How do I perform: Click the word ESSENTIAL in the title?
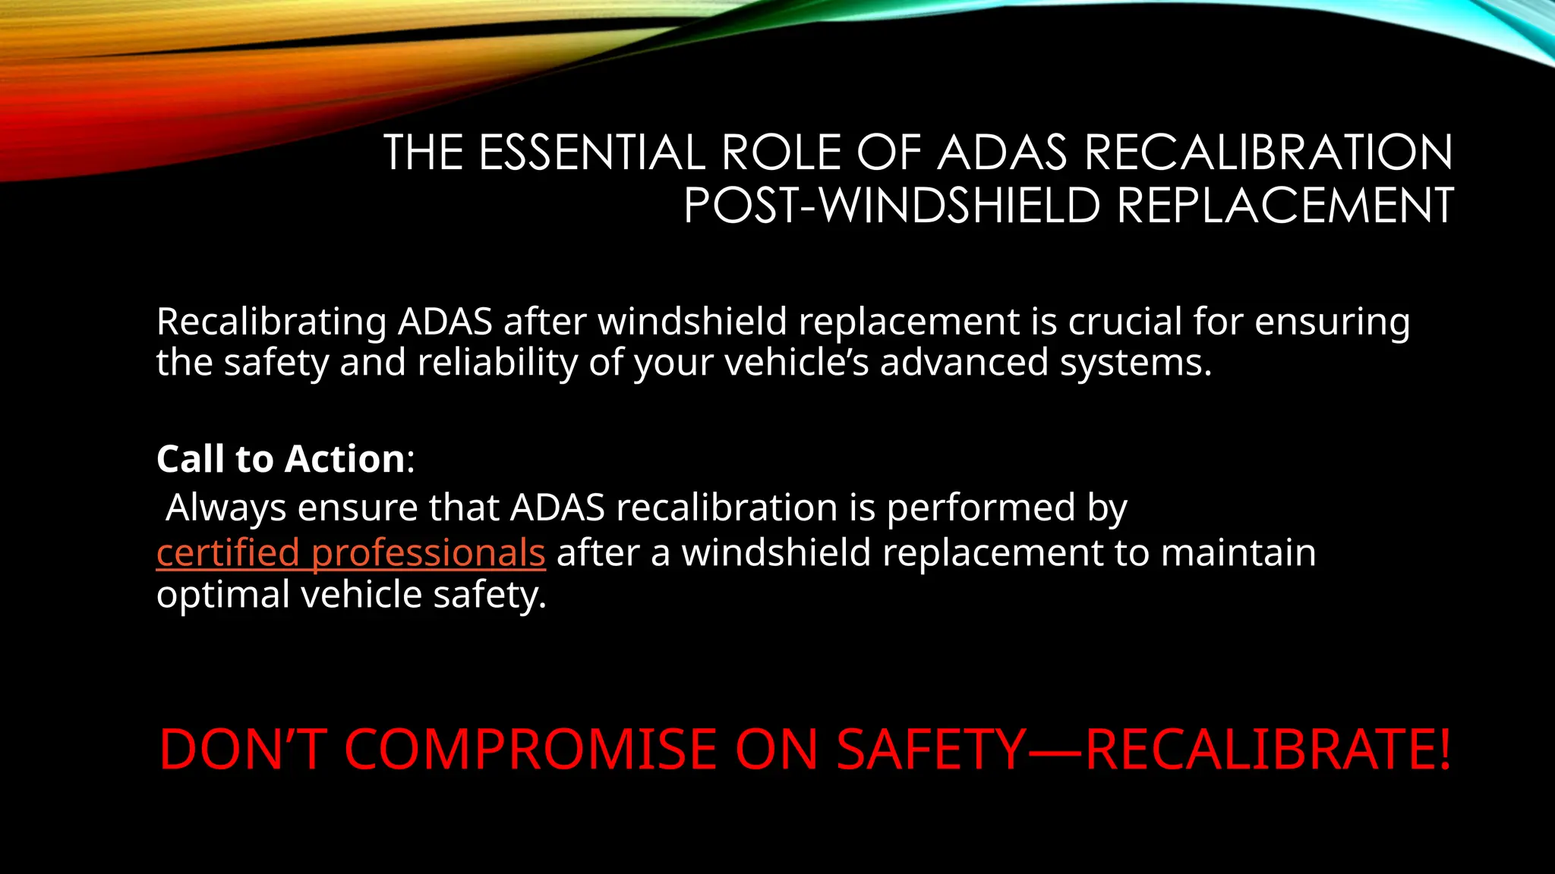tap(592, 152)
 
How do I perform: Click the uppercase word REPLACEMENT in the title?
tap(1285, 206)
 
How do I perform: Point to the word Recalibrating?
tap(272, 322)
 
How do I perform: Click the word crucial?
tap(1124, 321)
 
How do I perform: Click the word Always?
tap(226, 508)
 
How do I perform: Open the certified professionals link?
tap(351, 553)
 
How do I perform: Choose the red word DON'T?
tap(243, 750)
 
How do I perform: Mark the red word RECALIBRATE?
tap(1268, 750)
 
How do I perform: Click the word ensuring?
tap(1332, 322)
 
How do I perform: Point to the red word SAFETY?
tap(931, 750)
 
